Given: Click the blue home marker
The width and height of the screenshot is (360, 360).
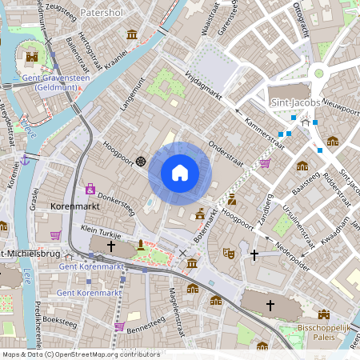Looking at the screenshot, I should [180, 173].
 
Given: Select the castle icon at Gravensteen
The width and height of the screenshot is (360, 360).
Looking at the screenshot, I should [32, 57].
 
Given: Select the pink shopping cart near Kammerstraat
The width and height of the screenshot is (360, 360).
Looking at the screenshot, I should [265, 163].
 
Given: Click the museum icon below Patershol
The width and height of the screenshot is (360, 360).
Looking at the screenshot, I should [132, 34].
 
